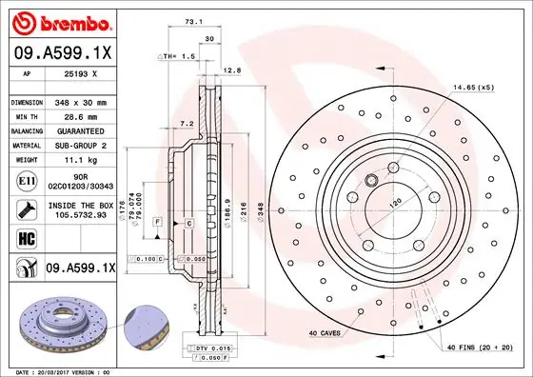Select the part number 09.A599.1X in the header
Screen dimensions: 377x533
[x=64, y=55]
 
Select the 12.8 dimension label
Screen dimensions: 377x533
[x=229, y=69]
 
